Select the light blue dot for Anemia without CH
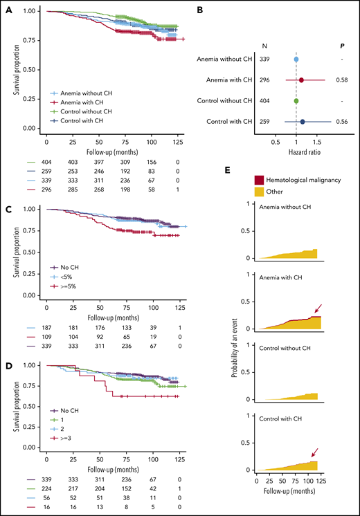pos(296,59)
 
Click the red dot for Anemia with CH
pos(301,80)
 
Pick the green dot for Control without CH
pos(296,101)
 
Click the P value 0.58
pos(349,80)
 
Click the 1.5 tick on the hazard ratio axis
pos(325,142)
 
